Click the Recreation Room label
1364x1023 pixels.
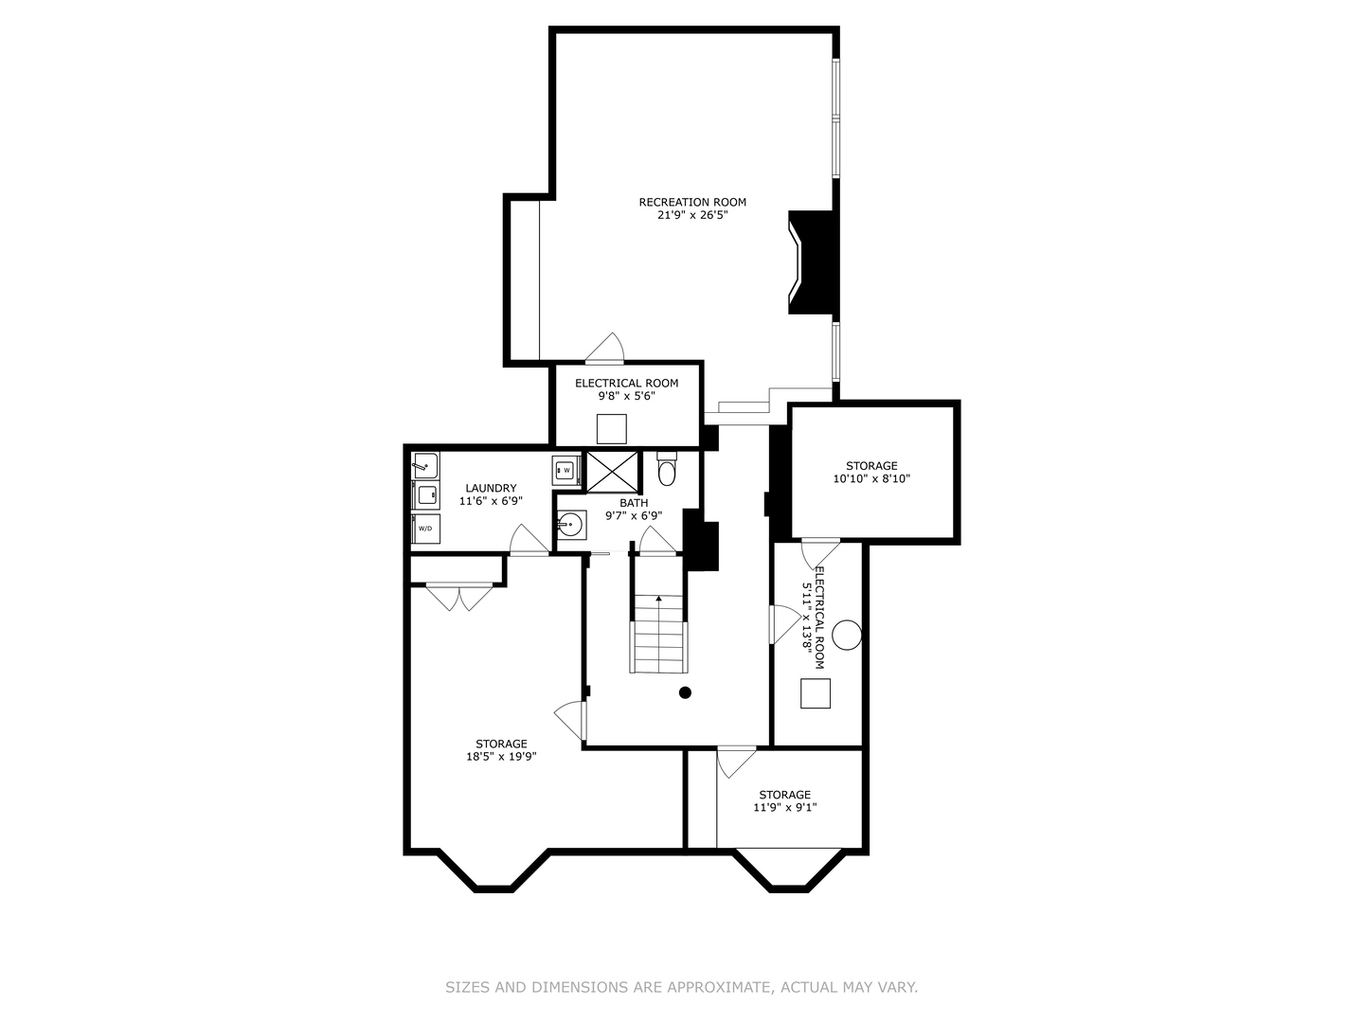pos(692,202)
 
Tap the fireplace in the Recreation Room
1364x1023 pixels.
pos(813,261)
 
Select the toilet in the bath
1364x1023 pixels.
pos(667,469)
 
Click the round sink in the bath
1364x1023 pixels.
pos(569,523)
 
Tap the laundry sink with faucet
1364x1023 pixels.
pos(425,465)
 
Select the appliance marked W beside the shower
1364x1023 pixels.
pos(566,469)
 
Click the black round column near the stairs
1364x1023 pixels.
pos(685,692)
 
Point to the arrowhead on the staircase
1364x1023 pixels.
pos(659,599)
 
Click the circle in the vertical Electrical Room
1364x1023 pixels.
pos(846,635)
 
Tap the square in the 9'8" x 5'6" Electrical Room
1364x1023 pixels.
pos(612,429)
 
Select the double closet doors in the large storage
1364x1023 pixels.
pos(459,598)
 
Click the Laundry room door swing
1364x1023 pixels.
pos(528,540)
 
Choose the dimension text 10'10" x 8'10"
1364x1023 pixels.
pos(871,479)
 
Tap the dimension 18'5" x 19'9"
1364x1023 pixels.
pos(501,757)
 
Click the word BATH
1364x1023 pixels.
pos(634,503)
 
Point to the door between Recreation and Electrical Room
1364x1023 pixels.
pos(605,350)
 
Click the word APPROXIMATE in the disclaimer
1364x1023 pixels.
pos(720,987)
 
